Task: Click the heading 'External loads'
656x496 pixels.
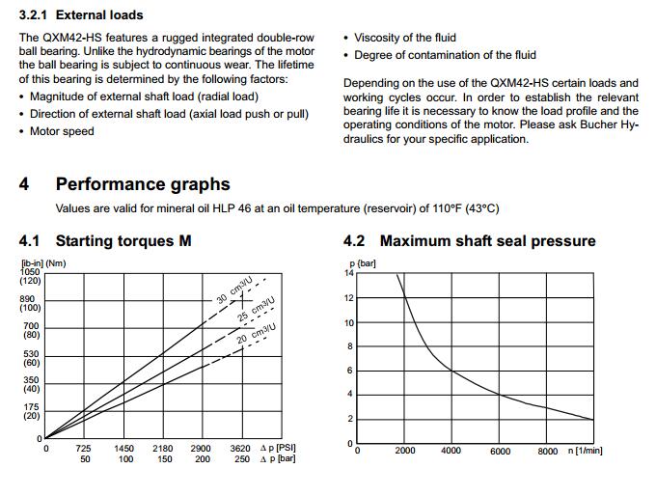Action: click(99, 15)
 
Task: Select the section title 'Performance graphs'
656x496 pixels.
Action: click(143, 184)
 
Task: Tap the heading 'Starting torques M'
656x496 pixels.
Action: click(123, 240)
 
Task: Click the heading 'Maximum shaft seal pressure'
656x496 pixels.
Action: click(487, 240)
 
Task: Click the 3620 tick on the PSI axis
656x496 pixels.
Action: click(241, 449)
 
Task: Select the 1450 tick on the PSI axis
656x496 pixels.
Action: click(124, 449)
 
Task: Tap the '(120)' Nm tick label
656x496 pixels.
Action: click(31, 281)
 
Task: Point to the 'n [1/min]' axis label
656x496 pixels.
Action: click(588, 451)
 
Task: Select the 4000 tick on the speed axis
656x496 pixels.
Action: click(451, 451)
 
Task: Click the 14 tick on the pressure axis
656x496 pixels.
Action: click(349, 273)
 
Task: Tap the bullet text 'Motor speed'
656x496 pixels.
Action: click(62, 131)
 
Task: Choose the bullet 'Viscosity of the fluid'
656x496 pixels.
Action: click(412, 38)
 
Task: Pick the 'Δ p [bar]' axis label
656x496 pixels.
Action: click(278, 460)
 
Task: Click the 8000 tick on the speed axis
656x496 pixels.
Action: click(548, 451)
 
